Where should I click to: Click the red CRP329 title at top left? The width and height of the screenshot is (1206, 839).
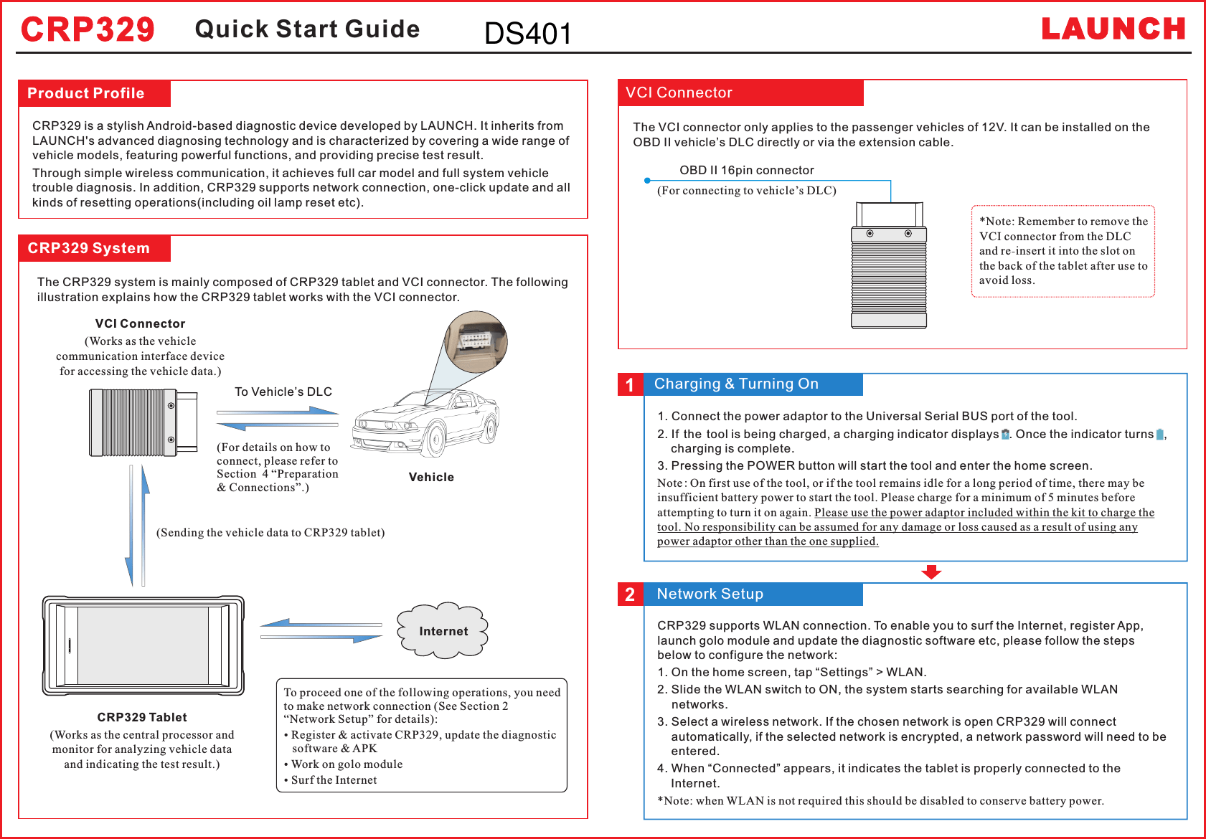click(88, 30)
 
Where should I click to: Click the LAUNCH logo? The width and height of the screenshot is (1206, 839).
click(1113, 29)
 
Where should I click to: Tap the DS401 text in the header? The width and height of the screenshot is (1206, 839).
click(528, 34)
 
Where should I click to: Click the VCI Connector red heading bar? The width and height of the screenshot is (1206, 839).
click(740, 93)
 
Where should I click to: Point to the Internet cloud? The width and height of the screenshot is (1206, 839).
click(443, 630)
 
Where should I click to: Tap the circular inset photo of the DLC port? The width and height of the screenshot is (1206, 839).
click(476, 342)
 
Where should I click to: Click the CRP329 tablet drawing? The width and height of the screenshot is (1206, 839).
click(143, 645)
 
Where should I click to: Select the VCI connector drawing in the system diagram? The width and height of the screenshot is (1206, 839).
click(143, 423)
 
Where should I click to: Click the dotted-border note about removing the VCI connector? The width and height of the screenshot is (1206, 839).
click(1063, 251)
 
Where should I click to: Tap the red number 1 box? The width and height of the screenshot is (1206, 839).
click(630, 385)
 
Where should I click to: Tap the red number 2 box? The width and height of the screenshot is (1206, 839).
click(630, 594)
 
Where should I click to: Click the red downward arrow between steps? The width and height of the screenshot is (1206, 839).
click(931, 572)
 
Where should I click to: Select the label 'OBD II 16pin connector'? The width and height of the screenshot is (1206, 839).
click(746, 170)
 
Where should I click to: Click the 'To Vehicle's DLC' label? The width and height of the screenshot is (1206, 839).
click(283, 392)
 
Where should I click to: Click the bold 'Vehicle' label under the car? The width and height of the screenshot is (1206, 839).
click(431, 477)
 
